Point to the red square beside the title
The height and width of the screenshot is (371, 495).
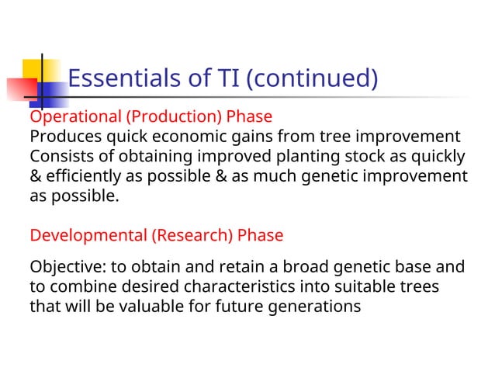tap(20, 89)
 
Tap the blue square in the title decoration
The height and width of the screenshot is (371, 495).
tap(53, 94)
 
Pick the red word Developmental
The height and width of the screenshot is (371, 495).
tap(88, 235)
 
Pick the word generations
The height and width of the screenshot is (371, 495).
tap(314, 307)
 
